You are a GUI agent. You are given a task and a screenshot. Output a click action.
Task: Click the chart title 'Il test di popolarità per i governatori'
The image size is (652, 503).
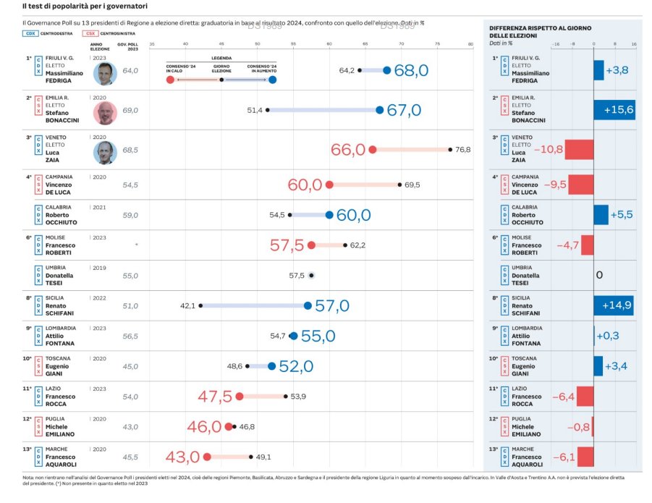(85, 6)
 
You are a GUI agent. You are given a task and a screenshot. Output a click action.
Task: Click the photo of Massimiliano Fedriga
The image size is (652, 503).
(106, 72)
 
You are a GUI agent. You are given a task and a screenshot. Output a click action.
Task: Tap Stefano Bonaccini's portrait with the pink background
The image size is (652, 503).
(106, 113)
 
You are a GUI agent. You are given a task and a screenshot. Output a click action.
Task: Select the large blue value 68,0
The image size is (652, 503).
(411, 70)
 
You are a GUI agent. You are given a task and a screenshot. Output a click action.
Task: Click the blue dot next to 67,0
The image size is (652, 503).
(380, 110)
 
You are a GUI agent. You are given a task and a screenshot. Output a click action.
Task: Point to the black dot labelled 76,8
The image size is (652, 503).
(450, 150)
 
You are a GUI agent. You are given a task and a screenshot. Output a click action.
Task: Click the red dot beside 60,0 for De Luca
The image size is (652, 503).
(329, 185)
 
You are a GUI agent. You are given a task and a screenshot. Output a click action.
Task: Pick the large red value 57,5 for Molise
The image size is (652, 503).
(287, 245)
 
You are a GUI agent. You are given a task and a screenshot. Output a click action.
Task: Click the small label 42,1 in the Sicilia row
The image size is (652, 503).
(187, 306)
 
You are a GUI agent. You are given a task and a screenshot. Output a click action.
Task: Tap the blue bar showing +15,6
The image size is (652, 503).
(614, 110)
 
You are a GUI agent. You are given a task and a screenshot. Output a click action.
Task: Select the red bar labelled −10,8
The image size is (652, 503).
(579, 150)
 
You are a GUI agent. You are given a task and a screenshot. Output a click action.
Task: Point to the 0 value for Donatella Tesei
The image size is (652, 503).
(599, 275)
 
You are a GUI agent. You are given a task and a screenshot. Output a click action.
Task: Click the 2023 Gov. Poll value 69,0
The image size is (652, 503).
(130, 111)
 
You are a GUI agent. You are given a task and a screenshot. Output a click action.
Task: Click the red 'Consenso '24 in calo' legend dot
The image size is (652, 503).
(170, 80)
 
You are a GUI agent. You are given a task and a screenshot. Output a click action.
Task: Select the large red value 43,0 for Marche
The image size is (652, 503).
(182, 457)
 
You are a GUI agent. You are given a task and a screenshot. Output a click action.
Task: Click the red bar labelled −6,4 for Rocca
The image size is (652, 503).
(585, 397)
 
